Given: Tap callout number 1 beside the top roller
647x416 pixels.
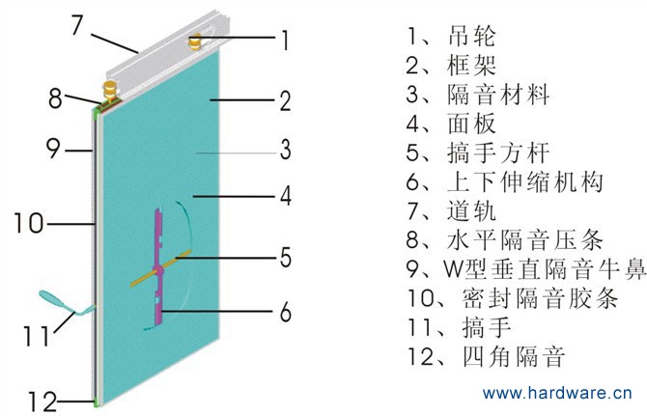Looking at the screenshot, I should [x=285, y=40].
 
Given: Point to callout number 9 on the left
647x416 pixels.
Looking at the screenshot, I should [x=54, y=150].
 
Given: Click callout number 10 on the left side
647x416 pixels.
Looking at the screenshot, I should [x=29, y=224].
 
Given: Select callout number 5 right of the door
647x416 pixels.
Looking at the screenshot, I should [x=285, y=258].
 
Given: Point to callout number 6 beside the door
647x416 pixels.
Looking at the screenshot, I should [x=285, y=312].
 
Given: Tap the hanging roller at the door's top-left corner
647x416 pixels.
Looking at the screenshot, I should [x=109, y=91].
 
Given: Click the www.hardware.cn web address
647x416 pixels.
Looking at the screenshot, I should [x=557, y=394].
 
